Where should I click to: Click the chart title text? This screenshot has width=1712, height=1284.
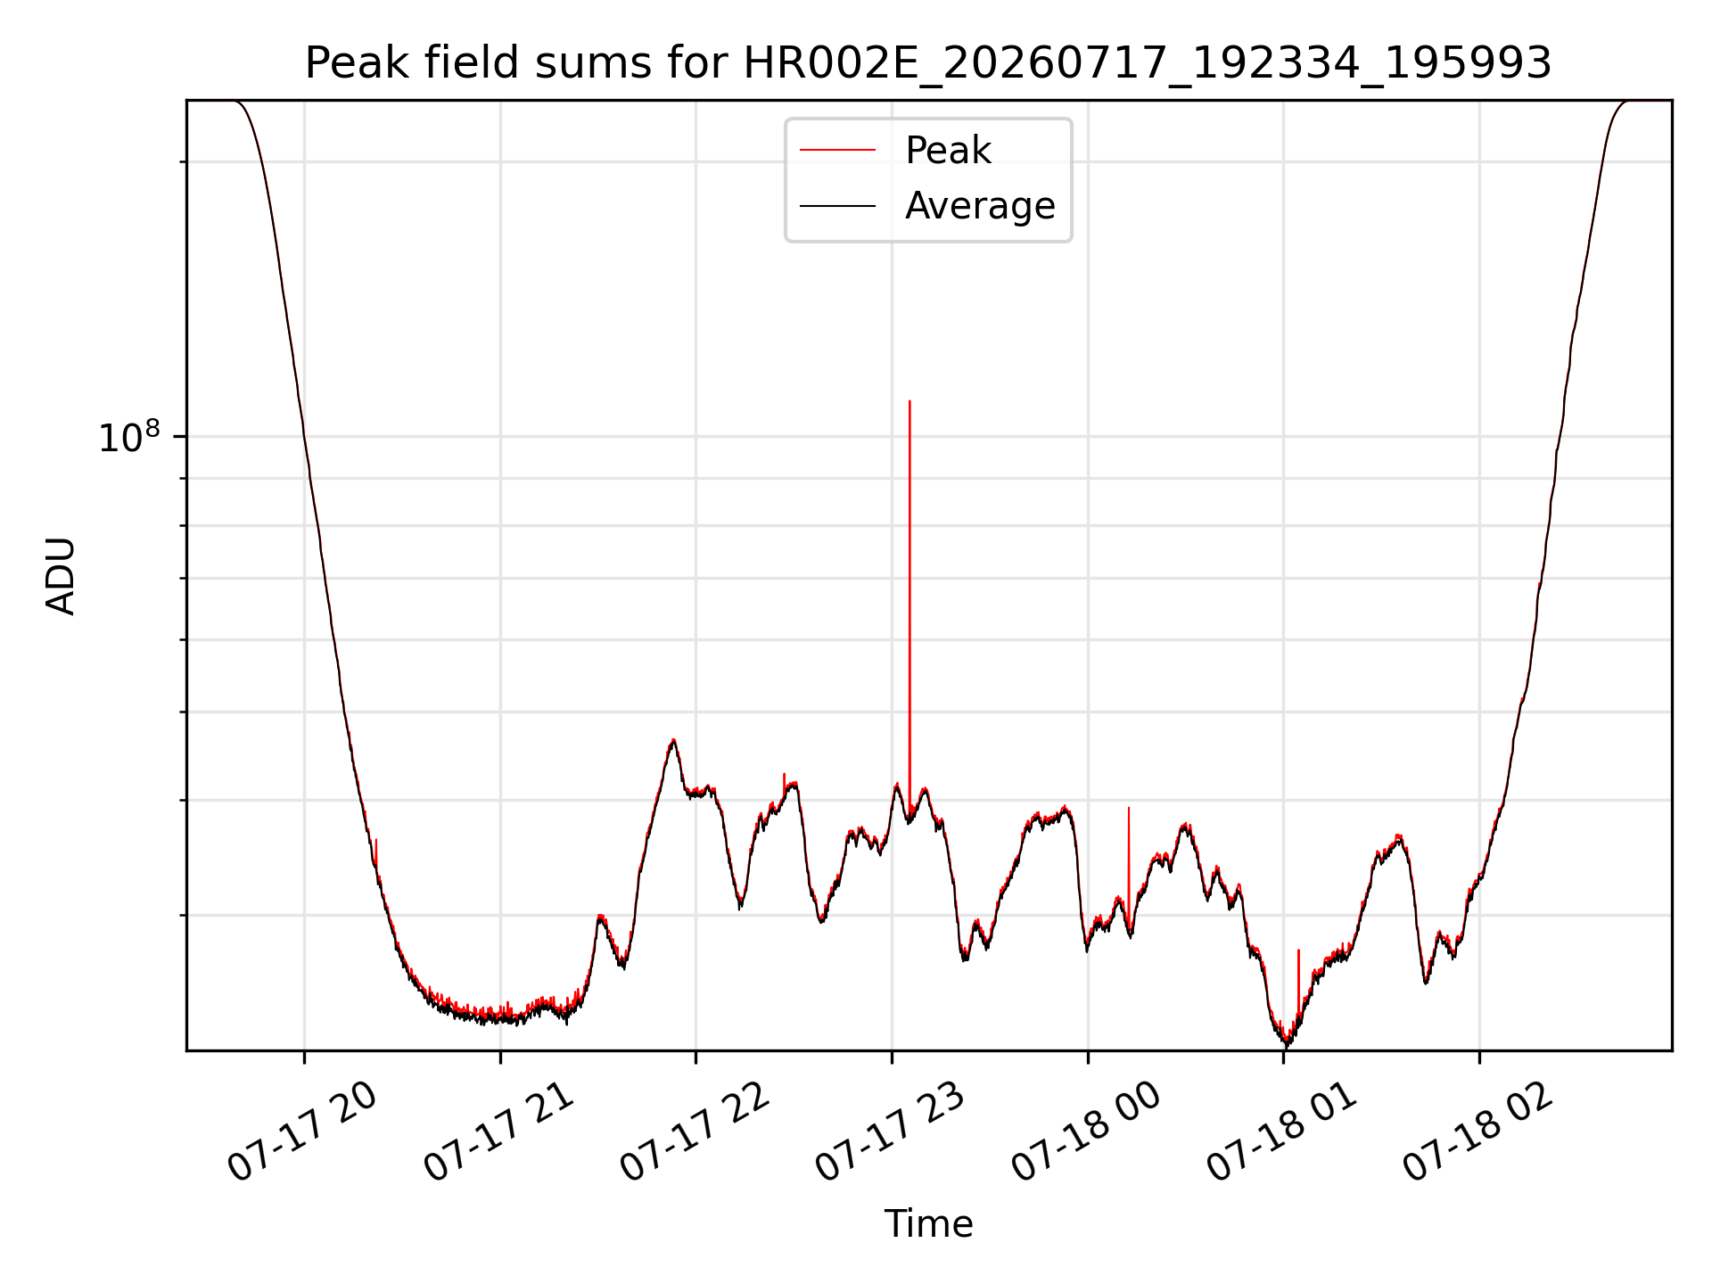pyautogui.click(x=928, y=64)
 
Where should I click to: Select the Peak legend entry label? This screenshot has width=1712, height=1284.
pyautogui.click(x=948, y=151)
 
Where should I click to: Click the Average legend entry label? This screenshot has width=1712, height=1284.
pyautogui.click(x=980, y=206)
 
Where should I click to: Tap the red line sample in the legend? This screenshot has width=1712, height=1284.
pyautogui.click(x=838, y=151)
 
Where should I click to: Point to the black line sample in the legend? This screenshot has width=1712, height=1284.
pyautogui.click(x=838, y=206)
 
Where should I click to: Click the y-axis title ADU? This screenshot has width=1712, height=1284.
pyautogui.click(x=61, y=576)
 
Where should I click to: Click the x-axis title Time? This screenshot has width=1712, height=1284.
pyautogui.click(x=928, y=1224)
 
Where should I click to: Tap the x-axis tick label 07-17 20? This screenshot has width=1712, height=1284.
pyautogui.click(x=302, y=1132)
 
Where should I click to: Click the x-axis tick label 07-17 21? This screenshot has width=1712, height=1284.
pyautogui.click(x=498, y=1132)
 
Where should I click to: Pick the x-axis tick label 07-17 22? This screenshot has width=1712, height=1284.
pyautogui.click(x=695, y=1132)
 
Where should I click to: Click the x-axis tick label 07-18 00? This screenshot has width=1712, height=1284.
pyautogui.click(x=1086, y=1132)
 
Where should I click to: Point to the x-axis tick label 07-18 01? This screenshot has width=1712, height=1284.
pyautogui.click(x=1282, y=1132)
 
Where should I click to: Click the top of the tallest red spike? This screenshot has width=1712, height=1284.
pyautogui.click(x=909, y=401)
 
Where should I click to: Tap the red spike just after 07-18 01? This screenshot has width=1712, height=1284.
pyautogui.click(x=1298, y=981)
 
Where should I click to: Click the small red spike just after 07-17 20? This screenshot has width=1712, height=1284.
pyautogui.click(x=376, y=852)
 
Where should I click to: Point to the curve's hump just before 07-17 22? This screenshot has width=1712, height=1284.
pyautogui.click(x=673, y=742)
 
